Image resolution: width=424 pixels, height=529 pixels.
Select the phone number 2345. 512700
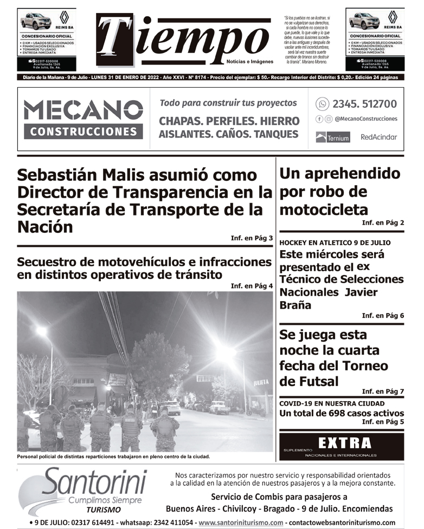point(364,103)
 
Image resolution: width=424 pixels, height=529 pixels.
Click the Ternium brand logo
point(333,138)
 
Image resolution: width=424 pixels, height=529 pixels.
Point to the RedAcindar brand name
point(378,138)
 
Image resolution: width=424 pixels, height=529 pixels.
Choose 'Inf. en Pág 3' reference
point(252,238)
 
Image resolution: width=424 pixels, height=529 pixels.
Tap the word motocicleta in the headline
point(324,209)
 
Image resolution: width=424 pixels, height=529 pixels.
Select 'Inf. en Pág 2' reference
point(383,223)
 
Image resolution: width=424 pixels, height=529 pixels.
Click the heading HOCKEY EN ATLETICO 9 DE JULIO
point(335,243)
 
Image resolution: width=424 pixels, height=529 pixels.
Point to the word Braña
point(295,305)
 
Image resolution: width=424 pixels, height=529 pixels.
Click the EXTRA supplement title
point(345,443)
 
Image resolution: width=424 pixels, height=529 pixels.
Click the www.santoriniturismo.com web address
point(241,523)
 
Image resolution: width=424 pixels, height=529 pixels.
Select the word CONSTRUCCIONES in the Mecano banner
point(83,132)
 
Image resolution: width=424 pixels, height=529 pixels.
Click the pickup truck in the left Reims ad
point(35,22)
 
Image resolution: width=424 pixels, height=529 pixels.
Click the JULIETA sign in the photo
point(261,382)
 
